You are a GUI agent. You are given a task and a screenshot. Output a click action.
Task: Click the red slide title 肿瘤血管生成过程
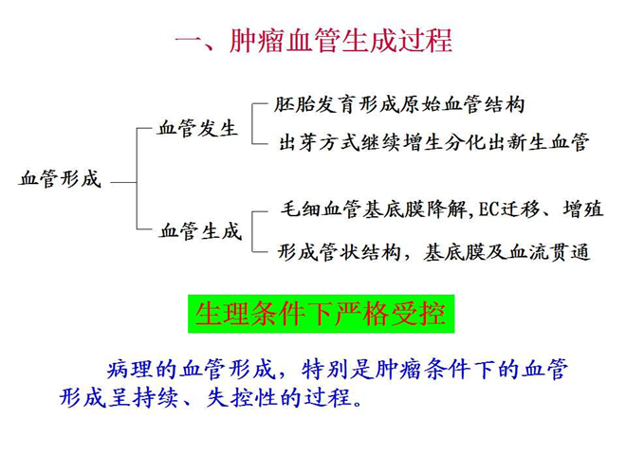[x=341, y=41]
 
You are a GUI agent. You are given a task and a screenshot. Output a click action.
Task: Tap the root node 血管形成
[x=60, y=178]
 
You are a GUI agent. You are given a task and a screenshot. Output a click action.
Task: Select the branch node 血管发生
[x=197, y=129]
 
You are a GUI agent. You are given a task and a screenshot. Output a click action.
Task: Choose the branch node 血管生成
[x=200, y=231]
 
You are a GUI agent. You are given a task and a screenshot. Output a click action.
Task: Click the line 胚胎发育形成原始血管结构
[x=398, y=104]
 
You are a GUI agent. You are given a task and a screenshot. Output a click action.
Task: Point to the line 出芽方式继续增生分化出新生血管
[x=434, y=142]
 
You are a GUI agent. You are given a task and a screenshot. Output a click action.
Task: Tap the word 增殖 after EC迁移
[x=583, y=209]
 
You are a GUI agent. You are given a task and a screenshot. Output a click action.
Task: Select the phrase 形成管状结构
[x=339, y=252]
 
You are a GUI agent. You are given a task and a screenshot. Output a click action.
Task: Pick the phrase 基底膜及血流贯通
[x=506, y=252]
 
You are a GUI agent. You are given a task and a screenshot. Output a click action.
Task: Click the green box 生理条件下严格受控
[x=321, y=314]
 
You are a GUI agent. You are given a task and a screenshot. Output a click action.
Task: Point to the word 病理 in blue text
[x=130, y=369]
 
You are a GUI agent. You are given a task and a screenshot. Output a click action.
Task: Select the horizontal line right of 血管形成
[x=123, y=182]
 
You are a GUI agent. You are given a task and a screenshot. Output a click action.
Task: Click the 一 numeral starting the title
[x=188, y=41]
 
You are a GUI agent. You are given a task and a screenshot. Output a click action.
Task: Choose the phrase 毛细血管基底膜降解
[x=374, y=209]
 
